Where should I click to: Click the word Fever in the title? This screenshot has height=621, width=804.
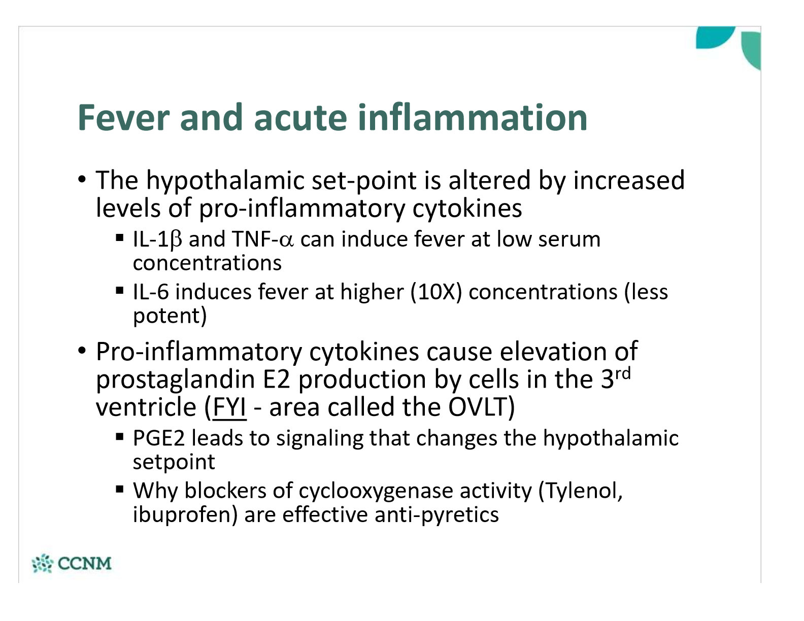coord(123,117)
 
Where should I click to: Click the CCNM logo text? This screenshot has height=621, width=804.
coord(85,563)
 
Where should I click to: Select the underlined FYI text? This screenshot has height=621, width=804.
coord(229,407)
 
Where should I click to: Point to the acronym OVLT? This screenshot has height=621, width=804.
coord(477,407)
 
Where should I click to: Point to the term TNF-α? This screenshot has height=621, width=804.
coord(263,239)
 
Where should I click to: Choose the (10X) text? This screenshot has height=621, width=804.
coord(436,293)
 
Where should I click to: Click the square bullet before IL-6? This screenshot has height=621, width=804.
coord(119,290)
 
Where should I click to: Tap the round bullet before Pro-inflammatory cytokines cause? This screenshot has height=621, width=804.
coord(82,350)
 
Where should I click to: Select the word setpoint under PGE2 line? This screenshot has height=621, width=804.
coord(174,462)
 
